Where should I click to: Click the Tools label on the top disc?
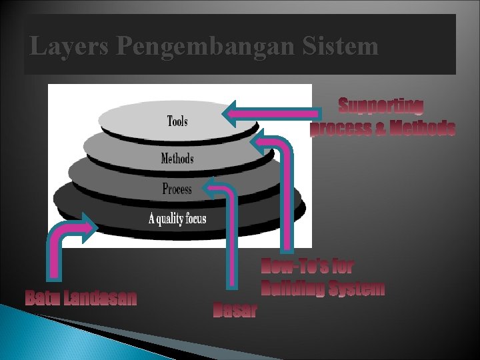click(177, 121)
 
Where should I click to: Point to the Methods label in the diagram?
click(177, 159)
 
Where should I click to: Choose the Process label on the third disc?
click(177, 189)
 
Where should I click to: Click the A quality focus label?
click(177, 219)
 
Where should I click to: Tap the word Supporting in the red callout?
click(381, 105)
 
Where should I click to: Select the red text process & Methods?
click(383, 127)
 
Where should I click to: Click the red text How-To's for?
click(307, 267)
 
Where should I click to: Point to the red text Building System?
click(323, 289)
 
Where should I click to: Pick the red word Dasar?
click(235, 310)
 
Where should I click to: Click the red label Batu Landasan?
click(81, 297)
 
